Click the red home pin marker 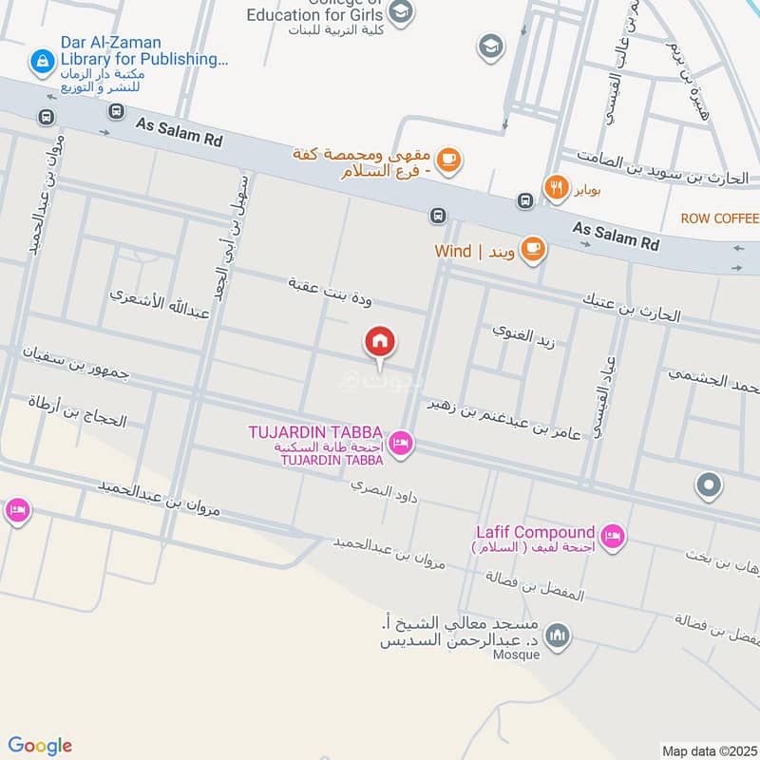coord(380,342)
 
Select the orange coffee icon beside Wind coord(532,251)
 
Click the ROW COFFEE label coord(719,218)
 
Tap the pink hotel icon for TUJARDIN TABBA coord(400,444)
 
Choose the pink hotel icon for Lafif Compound coord(613,537)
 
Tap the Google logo coord(40,746)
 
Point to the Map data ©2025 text coord(708,751)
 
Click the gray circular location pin coord(708,487)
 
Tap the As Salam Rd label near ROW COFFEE coord(616,236)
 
